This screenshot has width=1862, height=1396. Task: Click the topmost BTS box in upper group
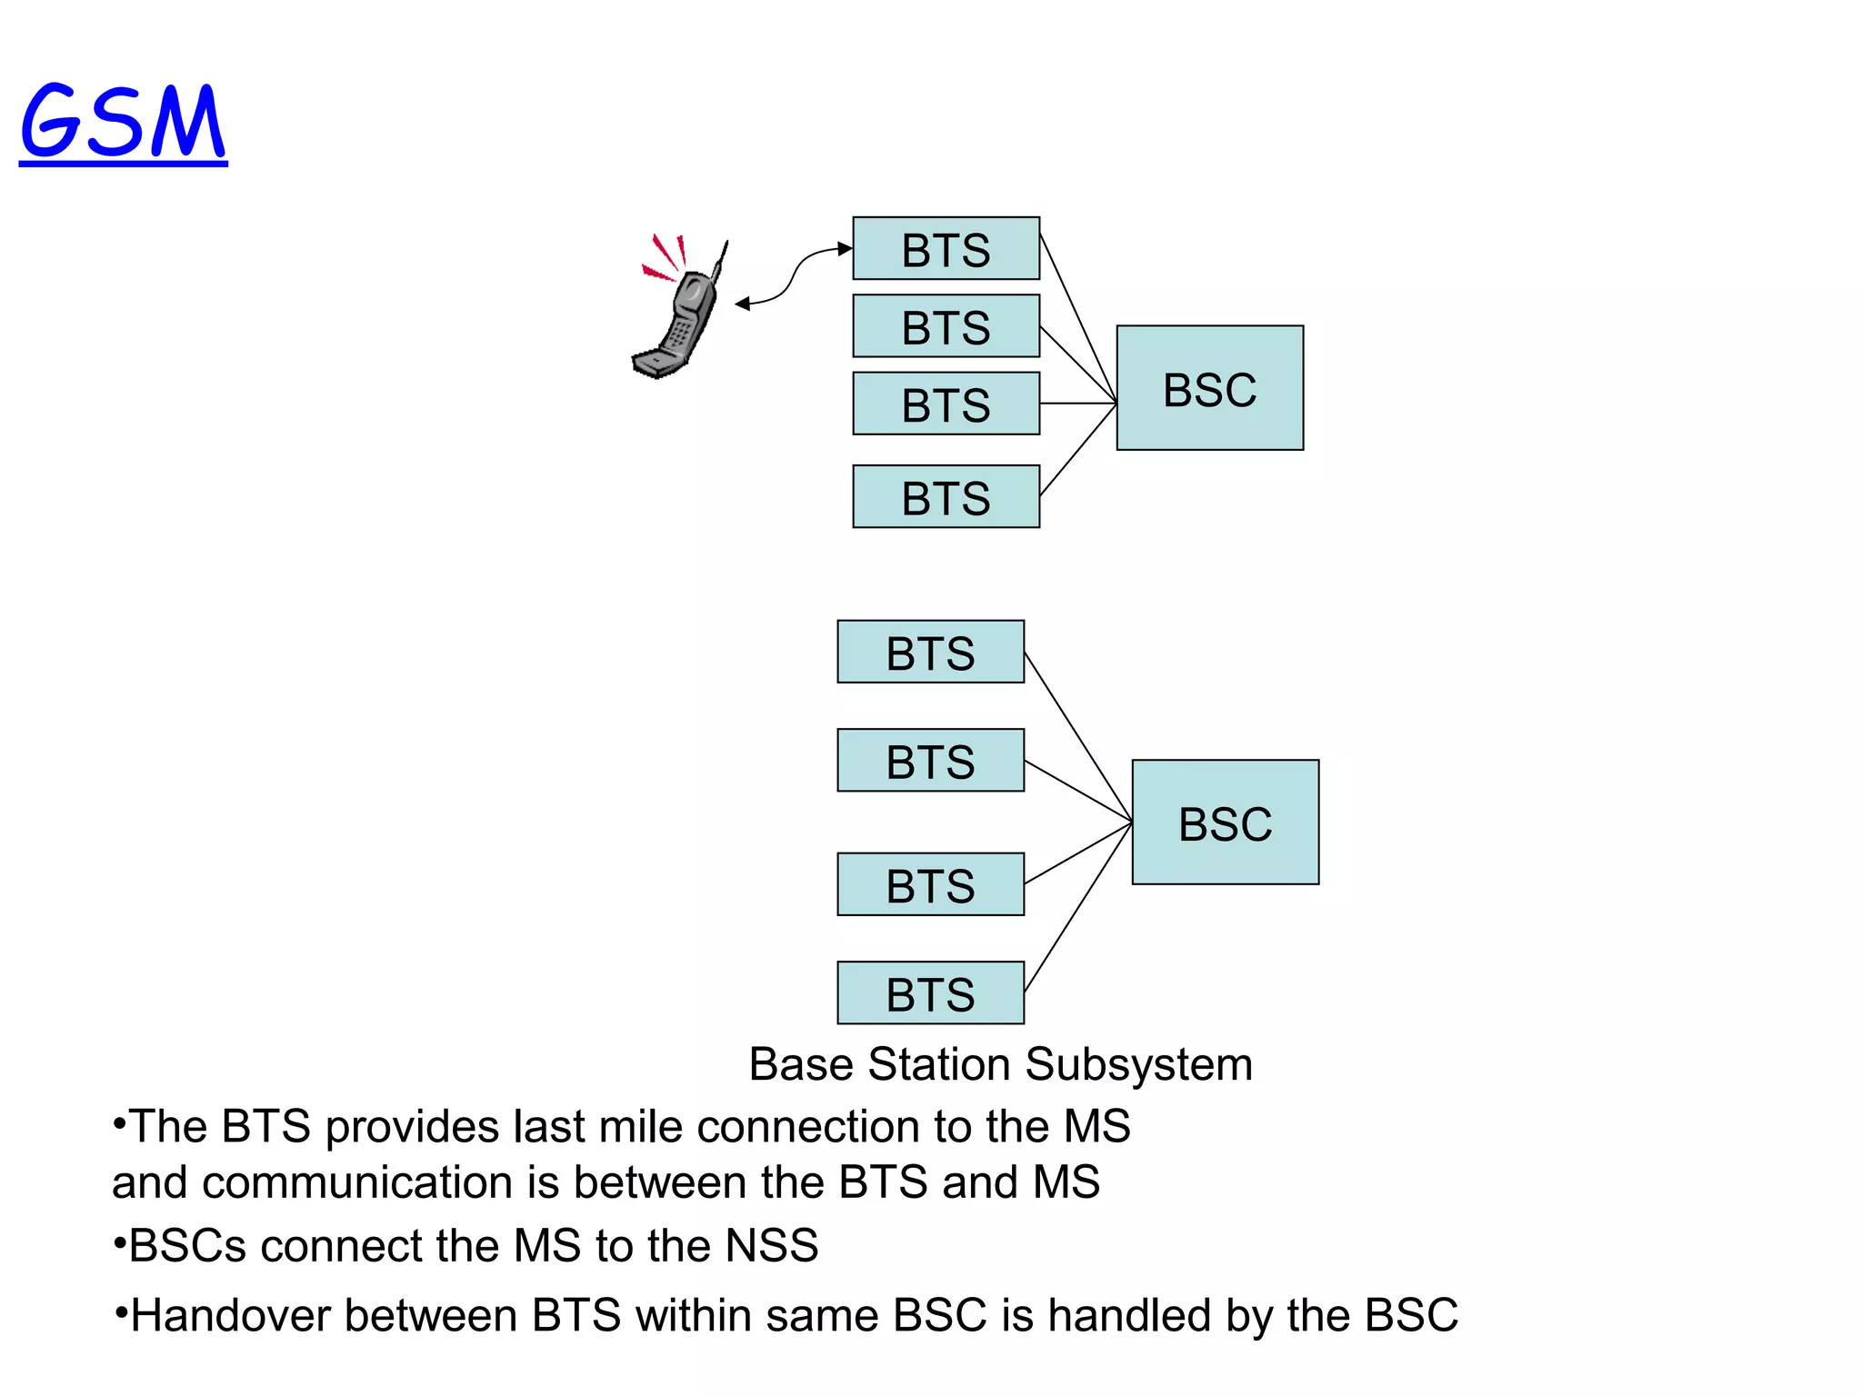946,248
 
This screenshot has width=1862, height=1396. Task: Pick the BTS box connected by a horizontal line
946,404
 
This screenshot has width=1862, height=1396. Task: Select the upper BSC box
1209,388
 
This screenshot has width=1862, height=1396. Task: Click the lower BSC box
1225,823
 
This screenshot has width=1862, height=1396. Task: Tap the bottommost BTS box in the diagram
930,992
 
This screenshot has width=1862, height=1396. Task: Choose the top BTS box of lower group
930,652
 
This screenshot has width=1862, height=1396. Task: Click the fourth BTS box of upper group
946,496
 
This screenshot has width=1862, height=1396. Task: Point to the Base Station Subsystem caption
1000,1064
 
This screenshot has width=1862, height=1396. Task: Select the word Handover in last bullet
233,1316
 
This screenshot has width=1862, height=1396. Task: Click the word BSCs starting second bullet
186,1245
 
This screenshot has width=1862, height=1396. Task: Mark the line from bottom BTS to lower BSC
1077,907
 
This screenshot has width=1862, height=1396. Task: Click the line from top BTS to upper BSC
1077,316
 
